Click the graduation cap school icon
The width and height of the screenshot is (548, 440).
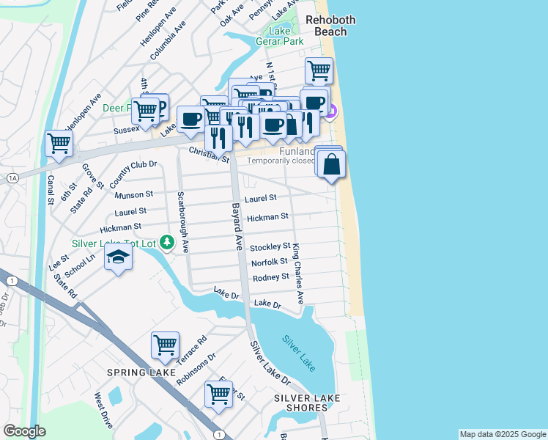point(117,257)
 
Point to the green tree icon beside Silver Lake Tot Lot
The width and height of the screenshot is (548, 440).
point(168,241)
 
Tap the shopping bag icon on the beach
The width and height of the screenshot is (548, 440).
point(332,164)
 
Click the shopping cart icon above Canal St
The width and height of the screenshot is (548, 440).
point(59,143)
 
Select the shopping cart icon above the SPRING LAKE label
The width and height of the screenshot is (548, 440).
point(165,344)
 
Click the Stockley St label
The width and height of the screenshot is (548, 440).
point(270,246)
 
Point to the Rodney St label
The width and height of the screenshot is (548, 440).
point(270,277)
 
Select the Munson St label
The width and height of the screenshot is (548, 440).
point(133,195)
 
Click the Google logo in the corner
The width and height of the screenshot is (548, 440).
point(24,431)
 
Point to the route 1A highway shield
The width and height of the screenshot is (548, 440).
point(12,178)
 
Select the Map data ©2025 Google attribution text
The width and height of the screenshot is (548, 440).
point(502,434)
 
